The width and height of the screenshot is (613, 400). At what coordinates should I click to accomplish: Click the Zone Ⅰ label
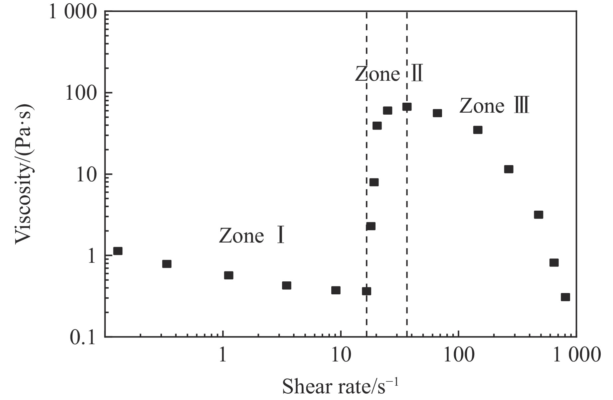click(x=252, y=236)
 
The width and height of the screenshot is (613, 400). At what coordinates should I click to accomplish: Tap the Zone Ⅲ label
click(x=494, y=106)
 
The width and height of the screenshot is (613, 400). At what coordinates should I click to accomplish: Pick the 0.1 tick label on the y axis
click(x=83, y=338)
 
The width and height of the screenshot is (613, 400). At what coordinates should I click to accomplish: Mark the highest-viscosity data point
click(x=407, y=107)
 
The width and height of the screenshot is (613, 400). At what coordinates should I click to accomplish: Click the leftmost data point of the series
click(x=118, y=251)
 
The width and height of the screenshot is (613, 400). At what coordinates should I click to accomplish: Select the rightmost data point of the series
click(x=565, y=297)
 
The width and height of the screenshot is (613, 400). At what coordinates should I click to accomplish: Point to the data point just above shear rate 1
click(x=229, y=275)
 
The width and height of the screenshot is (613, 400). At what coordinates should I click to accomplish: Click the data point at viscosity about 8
click(x=374, y=182)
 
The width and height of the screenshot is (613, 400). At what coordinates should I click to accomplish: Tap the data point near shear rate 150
click(x=478, y=130)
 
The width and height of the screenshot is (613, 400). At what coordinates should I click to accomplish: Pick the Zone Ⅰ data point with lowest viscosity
click(x=366, y=291)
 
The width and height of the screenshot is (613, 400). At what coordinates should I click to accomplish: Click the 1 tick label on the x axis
click(x=222, y=355)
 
